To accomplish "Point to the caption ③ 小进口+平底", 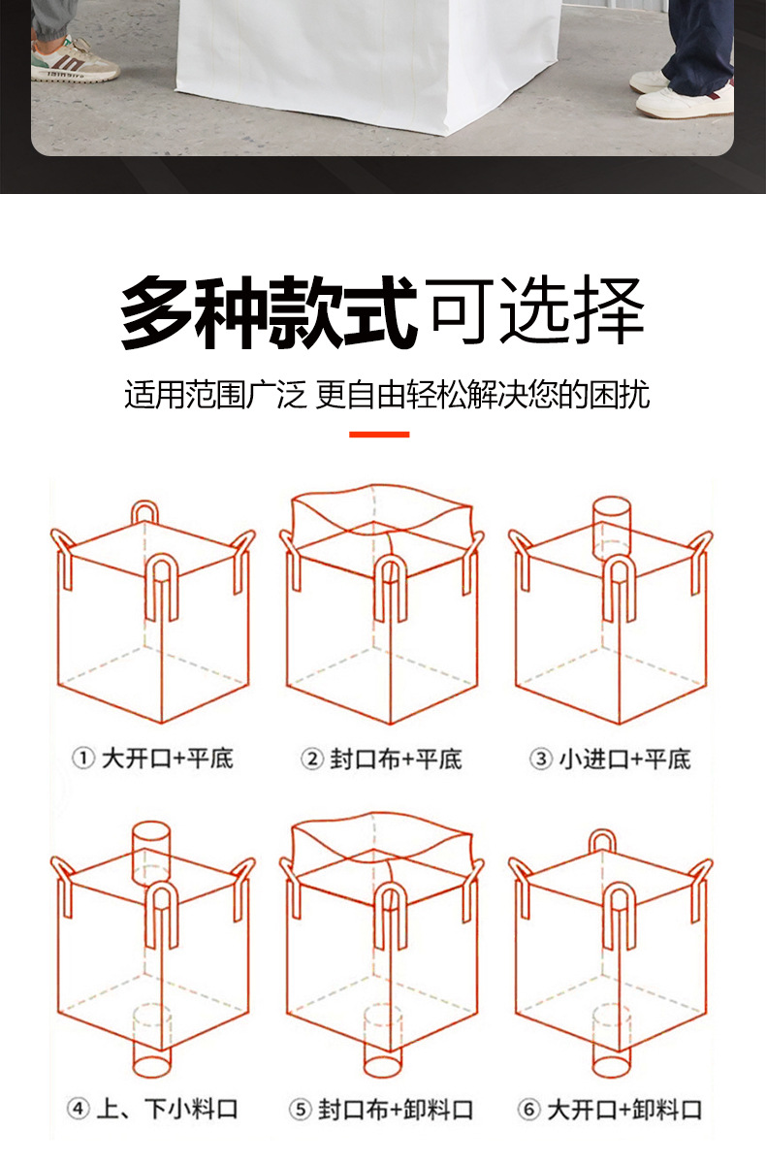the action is [x=610, y=759].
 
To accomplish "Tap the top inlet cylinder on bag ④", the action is [x=150, y=850].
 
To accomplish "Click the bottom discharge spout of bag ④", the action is [x=150, y=1044].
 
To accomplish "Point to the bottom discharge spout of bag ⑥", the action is [x=612, y=1044].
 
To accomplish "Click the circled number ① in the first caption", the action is [x=83, y=759].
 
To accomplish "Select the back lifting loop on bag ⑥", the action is [x=602, y=841].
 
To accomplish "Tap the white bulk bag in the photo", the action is [x=368, y=58].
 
